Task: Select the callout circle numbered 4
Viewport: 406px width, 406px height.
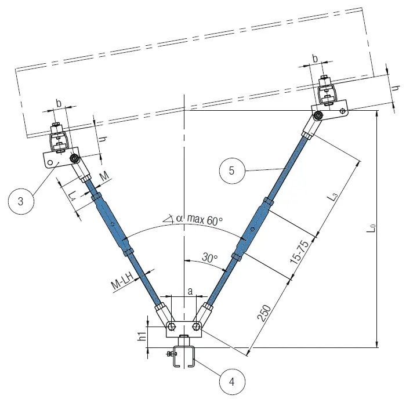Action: pos(231,382)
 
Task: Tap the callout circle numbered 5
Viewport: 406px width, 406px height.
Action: pos(231,171)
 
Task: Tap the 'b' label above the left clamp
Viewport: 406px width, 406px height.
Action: pos(59,103)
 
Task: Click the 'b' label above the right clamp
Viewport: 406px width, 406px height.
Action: pos(315,58)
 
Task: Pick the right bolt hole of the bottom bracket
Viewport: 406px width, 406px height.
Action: pos(197,326)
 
